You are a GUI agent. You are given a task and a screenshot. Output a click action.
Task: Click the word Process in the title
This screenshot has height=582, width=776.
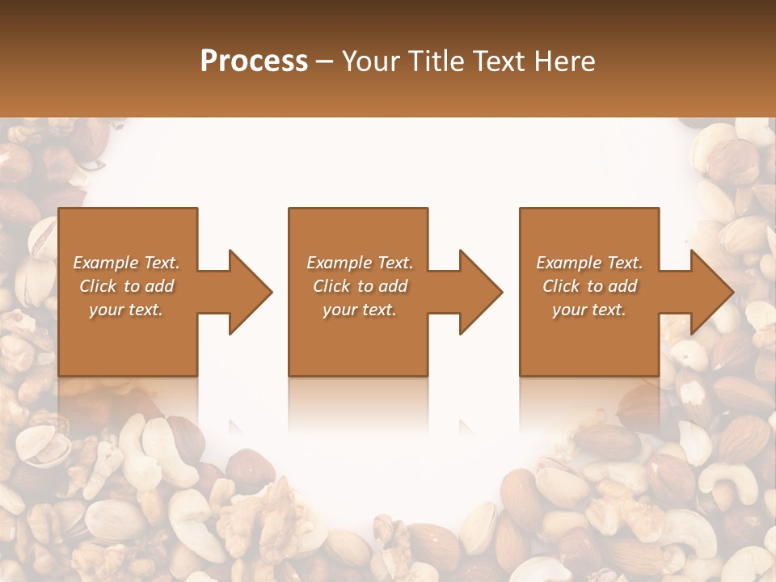[x=254, y=61]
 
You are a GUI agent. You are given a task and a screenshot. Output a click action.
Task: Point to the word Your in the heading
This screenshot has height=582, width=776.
[x=373, y=61]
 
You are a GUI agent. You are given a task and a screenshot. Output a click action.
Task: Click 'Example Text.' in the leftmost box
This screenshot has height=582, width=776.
[x=126, y=263]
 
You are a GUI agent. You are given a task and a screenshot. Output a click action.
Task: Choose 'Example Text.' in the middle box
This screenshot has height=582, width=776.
[x=360, y=263]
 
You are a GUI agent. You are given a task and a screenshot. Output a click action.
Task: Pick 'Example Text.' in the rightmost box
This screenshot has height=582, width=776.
[x=589, y=263]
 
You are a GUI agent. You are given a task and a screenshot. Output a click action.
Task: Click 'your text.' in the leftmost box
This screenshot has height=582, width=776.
[x=126, y=310]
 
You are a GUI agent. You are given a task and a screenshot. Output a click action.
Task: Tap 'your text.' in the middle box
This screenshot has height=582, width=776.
[x=360, y=310]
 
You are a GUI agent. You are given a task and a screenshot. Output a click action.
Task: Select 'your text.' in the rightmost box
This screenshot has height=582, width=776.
[x=589, y=310]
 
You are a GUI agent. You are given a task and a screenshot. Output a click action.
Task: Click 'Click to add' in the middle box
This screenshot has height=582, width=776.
[x=360, y=286]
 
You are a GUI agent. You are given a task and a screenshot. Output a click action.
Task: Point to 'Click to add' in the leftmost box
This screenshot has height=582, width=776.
[x=126, y=286]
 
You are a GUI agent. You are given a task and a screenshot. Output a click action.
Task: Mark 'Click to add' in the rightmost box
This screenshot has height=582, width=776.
[x=589, y=286]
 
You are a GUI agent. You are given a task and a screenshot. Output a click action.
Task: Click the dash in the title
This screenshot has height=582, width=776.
[x=325, y=62]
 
